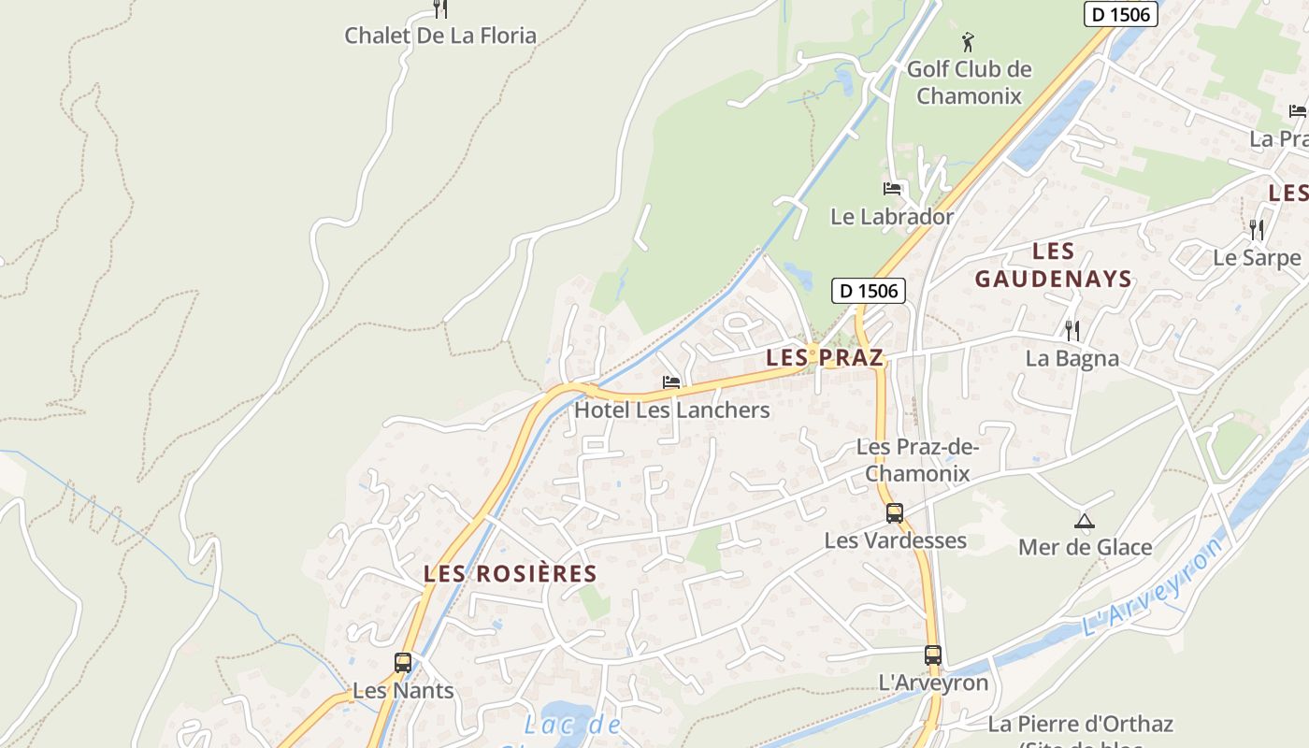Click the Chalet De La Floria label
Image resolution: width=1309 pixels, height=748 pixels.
click(440, 36)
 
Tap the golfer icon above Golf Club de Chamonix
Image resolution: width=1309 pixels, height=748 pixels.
click(968, 42)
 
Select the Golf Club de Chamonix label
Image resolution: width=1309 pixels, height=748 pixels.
click(970, 82)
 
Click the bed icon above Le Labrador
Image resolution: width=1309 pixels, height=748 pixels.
click(892, 189)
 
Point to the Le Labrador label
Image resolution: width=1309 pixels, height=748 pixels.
click(892, 216)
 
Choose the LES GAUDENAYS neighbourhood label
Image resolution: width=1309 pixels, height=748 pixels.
click(1054, 265)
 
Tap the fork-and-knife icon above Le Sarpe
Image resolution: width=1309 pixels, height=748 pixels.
click(1257, 229)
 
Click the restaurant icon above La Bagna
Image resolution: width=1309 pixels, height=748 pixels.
click(1072, 330)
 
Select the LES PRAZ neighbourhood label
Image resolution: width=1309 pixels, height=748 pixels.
click(825, 357)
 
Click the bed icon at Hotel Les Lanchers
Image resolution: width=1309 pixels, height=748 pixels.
click(671, 382)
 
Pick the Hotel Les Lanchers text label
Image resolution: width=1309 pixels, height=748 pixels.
click(672, 410)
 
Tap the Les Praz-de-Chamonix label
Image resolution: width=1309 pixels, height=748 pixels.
click(917, 460)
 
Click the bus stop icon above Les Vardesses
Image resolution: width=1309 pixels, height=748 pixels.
click(895, 512)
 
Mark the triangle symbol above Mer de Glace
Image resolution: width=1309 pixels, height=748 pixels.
click(1085, 521)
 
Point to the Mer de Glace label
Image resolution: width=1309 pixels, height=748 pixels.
click(1085, 547)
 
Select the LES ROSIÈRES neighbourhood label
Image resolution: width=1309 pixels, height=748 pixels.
click(511, 573)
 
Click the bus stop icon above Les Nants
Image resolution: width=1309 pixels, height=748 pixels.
click(403, 663)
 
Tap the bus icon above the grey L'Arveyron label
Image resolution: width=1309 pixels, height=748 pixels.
click(932, 655)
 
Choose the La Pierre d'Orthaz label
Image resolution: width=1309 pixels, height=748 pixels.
click(1080, 724)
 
